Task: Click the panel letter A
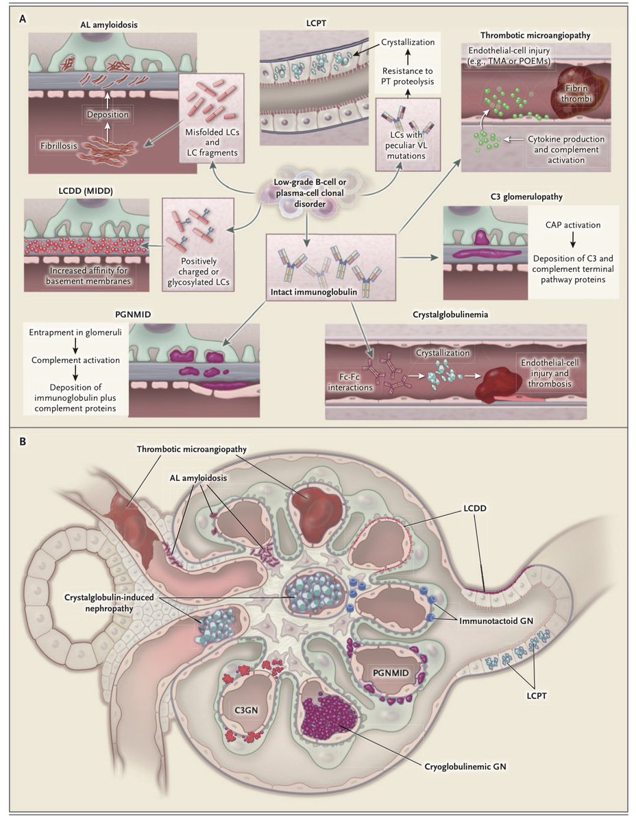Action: point(23,19)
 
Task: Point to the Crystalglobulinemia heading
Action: point(456,316)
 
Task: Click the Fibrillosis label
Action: point(56,145)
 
